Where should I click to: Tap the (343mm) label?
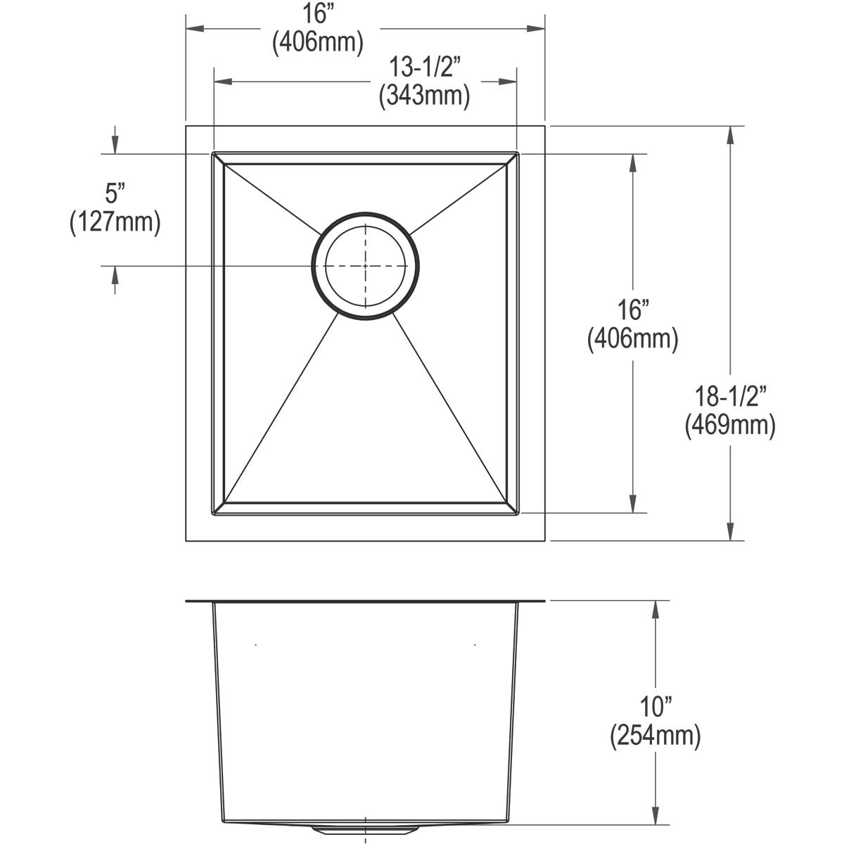click(x=424, y=95)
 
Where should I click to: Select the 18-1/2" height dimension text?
click(x=730, y=397)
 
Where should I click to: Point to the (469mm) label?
click(x=730, y=425)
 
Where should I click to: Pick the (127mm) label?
click(x=115, y=222)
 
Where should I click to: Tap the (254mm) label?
click(x=656, y=736)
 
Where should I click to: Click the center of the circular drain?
click(x=366, y=265)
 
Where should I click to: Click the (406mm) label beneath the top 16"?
click(x=318, y=42)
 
